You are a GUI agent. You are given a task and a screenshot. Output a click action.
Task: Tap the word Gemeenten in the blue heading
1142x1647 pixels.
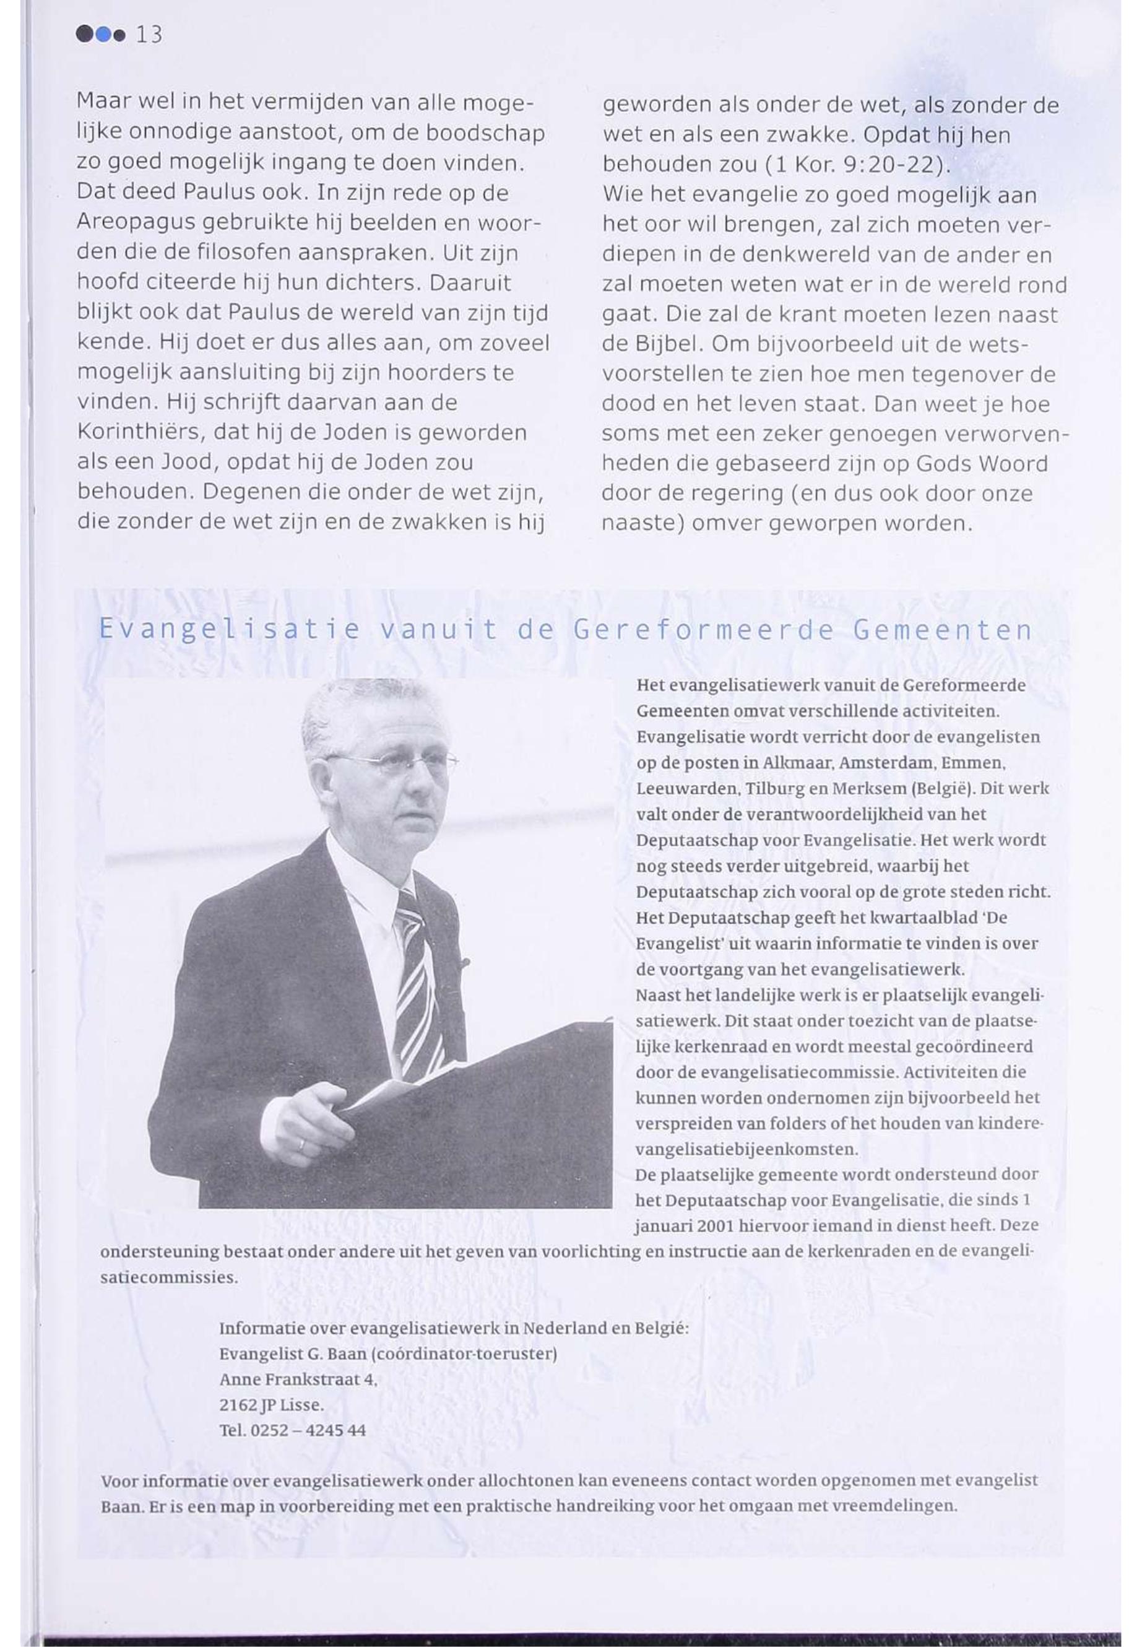[943, 629]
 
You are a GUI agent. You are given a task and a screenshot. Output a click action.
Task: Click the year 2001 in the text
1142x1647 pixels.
[716, 1226]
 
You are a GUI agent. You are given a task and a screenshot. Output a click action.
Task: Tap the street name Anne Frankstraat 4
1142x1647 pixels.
[298, 1380]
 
